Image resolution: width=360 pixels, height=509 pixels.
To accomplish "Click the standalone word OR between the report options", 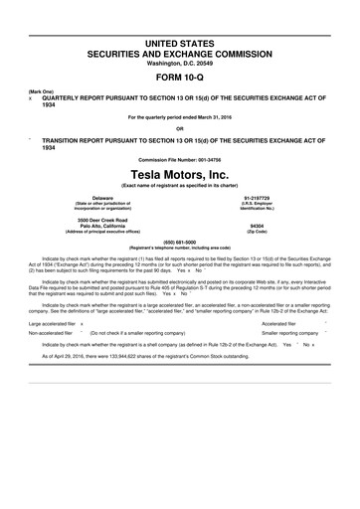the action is [x=179, y=128].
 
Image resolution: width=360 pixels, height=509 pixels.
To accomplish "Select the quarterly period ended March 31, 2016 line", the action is [x=179, y=118].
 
